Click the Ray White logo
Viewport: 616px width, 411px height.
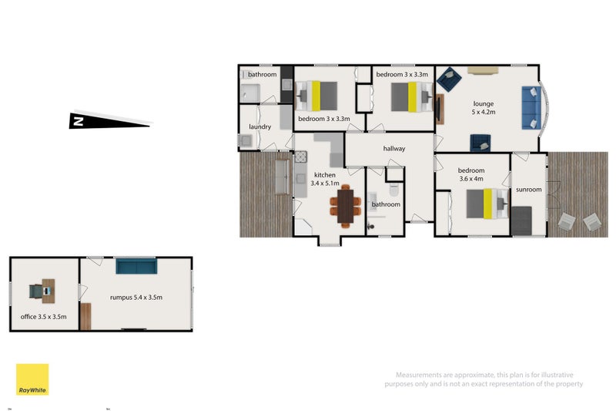[x=32, y=379]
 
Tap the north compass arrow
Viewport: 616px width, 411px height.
[x=109, y=120]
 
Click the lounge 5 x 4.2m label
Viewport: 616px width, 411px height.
[x=484, y=107]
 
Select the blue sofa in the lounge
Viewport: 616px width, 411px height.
[x=532, y=107]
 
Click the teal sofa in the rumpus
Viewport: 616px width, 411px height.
[x=136, y=267]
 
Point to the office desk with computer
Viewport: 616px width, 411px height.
[x=40, y=291]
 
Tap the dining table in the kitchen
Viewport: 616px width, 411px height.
[x=345, y=205]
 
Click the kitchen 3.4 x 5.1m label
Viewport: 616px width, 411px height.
[x=324, y=180]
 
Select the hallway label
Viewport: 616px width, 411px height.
[x=393, y=149]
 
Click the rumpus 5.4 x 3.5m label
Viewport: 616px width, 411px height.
[x=136, y=297]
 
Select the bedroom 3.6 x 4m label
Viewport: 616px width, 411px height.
[x=471, y=174]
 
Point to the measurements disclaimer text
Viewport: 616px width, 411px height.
[x=484, y=379]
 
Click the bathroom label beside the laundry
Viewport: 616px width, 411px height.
[x=262, y=75]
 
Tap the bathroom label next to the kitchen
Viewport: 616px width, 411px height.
[x=386, y=204]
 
